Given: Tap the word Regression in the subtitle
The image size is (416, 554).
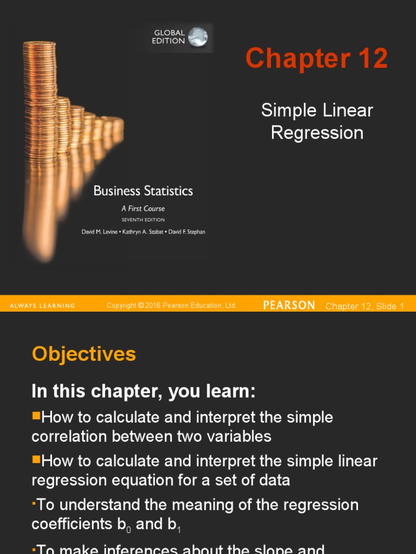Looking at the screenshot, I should pyautogui.click(x=317, y=133).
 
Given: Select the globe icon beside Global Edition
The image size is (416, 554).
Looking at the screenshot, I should pyautogui.click(x=198, y=37).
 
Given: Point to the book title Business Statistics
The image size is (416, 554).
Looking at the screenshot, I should pyautogui.click(x=143, y=191).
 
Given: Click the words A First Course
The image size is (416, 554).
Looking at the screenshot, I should pyautogui.click(x=143, y=208).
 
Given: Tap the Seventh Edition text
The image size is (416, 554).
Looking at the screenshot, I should pyautogui.click(x=143, y=220).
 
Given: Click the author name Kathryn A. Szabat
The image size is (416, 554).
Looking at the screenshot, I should pyautogui.click(x=143, y=232).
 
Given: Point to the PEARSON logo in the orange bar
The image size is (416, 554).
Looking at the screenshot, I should pyautogui.click(x=289, y=306).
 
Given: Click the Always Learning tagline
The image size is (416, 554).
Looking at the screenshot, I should pyautogui.click(x=42, y=306).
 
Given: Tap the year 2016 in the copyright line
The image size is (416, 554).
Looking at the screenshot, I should pyautogui.click(x=154, y=306).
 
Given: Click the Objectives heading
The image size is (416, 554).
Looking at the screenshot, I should pyautogui.click(x=84, y=354).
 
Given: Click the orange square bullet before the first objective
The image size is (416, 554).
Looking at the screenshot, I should pyautogui.click(x=36, y=416).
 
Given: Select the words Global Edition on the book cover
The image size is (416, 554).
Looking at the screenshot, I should pyautogui.click(x=168, y=37).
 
